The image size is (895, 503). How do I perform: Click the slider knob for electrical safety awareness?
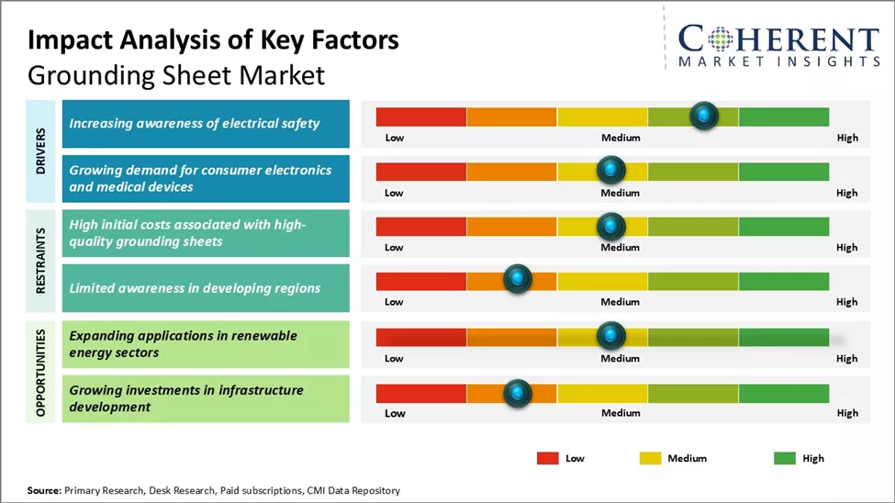[703, 116]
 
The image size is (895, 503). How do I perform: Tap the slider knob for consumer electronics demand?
[610, 170]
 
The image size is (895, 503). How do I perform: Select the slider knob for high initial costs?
[610, 226]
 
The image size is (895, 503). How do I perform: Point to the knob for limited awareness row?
[518, 279]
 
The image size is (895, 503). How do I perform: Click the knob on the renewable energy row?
[610, 336]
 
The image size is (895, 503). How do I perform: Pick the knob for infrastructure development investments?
[518, 393]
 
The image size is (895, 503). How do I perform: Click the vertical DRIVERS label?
[41, 151]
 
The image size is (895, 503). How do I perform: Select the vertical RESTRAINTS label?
[41, 261]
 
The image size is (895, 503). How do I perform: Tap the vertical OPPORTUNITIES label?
[41, 371]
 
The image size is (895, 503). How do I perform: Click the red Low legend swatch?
[548, 458]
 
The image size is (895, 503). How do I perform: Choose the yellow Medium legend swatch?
[650, 458]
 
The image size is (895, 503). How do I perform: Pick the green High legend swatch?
[786, 458]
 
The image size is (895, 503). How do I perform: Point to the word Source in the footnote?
[43, 491]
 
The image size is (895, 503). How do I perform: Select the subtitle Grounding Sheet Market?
[176, 74]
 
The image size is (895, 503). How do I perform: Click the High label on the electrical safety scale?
[847, 138]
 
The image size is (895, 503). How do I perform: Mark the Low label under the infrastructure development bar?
[394, 413]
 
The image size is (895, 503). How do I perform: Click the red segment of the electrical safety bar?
[421, 117]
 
